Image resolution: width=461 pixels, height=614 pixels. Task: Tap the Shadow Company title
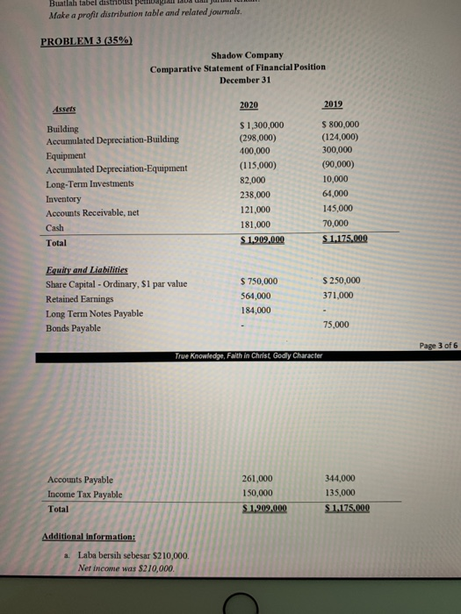click(x=237, y=54)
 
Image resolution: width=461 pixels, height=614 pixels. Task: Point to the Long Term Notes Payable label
click(x=94, y=313)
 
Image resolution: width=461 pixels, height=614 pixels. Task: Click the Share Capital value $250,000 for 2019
click(x=341, y=281)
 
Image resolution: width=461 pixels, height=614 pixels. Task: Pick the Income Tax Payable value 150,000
click(x=256, y=493)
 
